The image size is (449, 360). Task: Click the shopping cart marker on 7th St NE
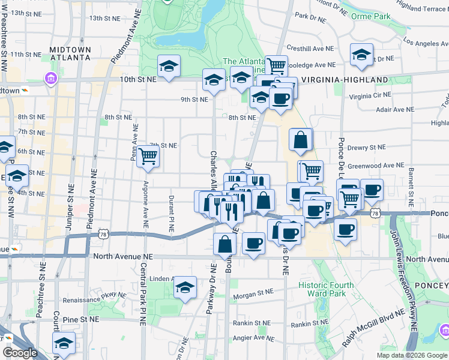pyautogui.click(x=148, y=157)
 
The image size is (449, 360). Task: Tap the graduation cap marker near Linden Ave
pyautogui.click(x=185, y=288)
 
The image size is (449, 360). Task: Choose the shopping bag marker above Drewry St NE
pyautogui.click(x=301, y=140)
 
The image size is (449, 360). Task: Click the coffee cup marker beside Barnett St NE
pyautogui.click(x=372, y=190)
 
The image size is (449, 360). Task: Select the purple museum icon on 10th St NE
pyautogui.click(x=50, y=79)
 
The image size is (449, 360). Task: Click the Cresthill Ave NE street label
pyautogui.click(x=310, y=49)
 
